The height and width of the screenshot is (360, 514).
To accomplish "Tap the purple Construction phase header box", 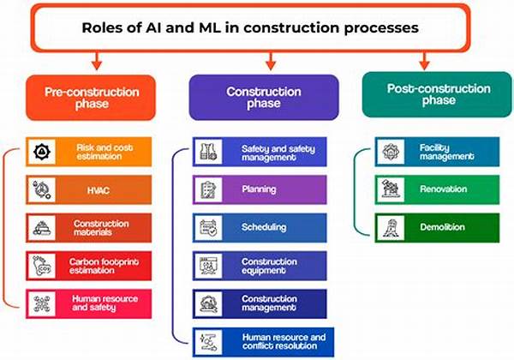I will [x=268, y=96].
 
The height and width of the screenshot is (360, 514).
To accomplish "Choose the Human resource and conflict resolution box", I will [x=260, y=340].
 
